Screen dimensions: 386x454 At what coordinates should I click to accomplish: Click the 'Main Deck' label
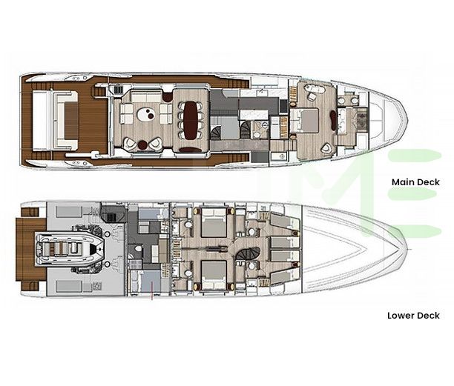tap(415, 182)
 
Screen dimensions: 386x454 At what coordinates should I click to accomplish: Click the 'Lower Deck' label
tap(413, 315)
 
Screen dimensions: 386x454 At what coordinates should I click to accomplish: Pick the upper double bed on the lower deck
tap(213, 222)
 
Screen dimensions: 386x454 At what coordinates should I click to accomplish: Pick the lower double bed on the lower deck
tap(213, 275)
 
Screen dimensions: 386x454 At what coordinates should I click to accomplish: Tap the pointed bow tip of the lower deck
tap(407, 249)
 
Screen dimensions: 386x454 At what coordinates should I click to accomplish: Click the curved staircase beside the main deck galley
tap(214, 132)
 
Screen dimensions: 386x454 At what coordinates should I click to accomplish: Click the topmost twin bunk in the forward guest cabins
tap(283, 221)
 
